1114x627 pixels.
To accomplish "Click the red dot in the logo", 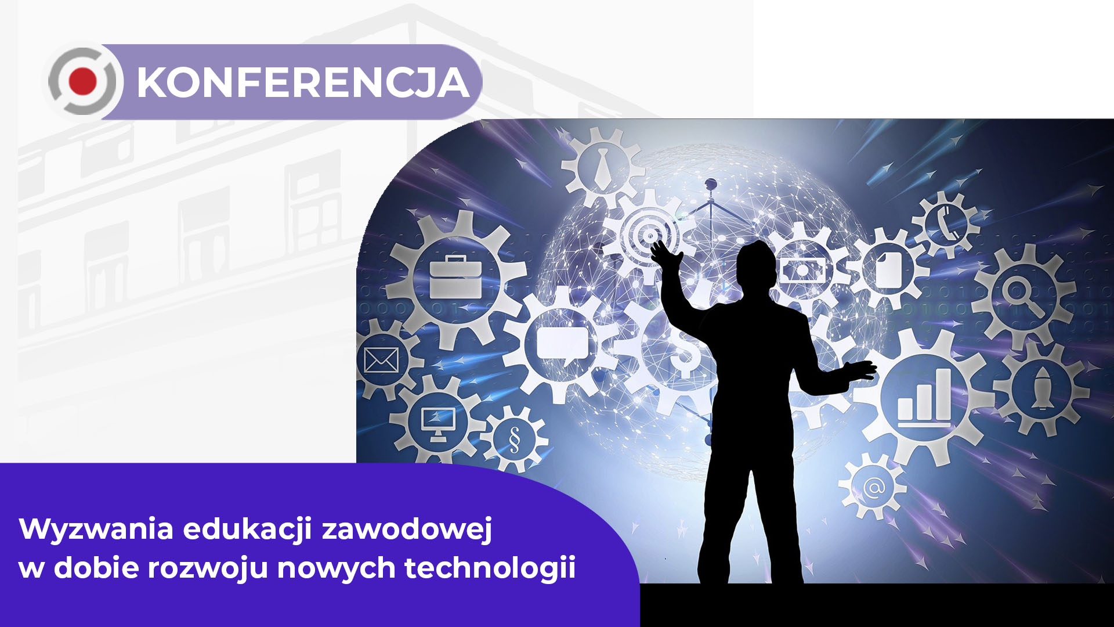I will (82, 81).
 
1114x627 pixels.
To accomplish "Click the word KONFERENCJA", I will (303, 82).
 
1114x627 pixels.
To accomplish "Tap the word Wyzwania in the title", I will (96, 529).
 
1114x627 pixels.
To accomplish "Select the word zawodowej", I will (407, 529).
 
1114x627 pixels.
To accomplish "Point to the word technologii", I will (490, 568).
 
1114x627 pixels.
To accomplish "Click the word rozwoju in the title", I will (208, 568).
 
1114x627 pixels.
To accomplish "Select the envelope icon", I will (381, 360).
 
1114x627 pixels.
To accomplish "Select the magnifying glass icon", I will (1023, 295).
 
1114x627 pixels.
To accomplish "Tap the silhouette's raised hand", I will (664, 254).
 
